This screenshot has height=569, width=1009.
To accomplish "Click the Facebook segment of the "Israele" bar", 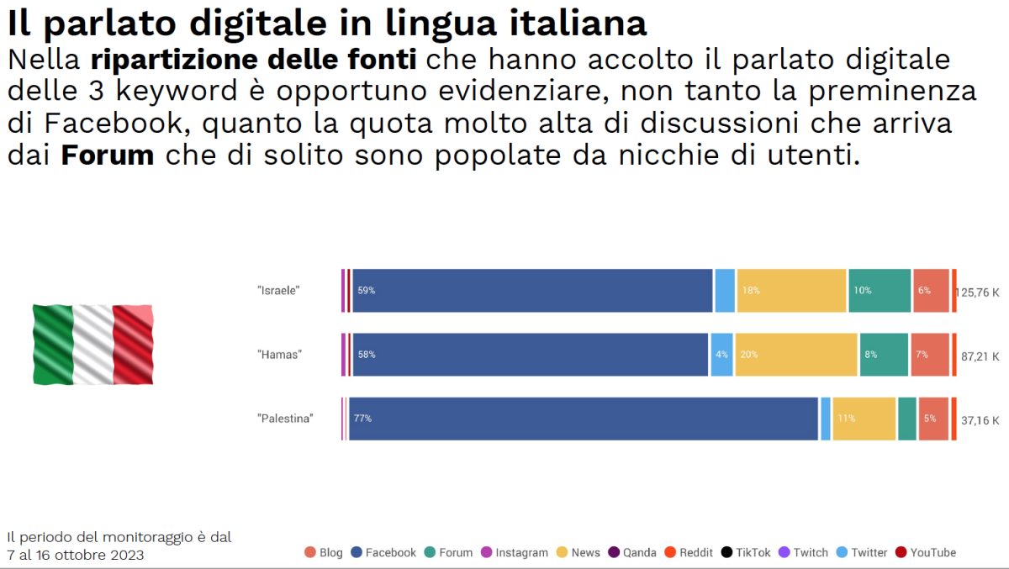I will [532, 291].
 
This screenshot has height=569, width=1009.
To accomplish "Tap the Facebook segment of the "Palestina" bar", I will [584, 419].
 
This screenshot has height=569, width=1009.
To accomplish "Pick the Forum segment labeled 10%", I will [879, 291].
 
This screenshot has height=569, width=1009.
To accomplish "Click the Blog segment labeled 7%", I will [930, 355].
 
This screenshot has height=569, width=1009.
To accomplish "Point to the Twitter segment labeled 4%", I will [721, 355].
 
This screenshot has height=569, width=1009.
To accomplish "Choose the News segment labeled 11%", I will [864, 419].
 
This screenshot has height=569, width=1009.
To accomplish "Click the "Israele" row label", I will [278, 291].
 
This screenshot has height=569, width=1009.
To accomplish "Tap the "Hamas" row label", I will [279, 355].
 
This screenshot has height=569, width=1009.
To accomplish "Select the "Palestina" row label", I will [285, 419].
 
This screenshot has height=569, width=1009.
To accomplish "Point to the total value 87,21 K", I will [980, 356].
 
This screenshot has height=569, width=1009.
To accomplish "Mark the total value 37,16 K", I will [980, 420].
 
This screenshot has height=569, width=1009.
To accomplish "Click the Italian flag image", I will [93, 344].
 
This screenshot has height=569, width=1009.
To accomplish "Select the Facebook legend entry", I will [383, 552].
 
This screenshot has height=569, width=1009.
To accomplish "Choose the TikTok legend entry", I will [746, 552].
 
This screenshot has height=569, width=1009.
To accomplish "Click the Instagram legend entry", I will [514, 552].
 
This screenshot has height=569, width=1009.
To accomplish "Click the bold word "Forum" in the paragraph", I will [108, 155].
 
